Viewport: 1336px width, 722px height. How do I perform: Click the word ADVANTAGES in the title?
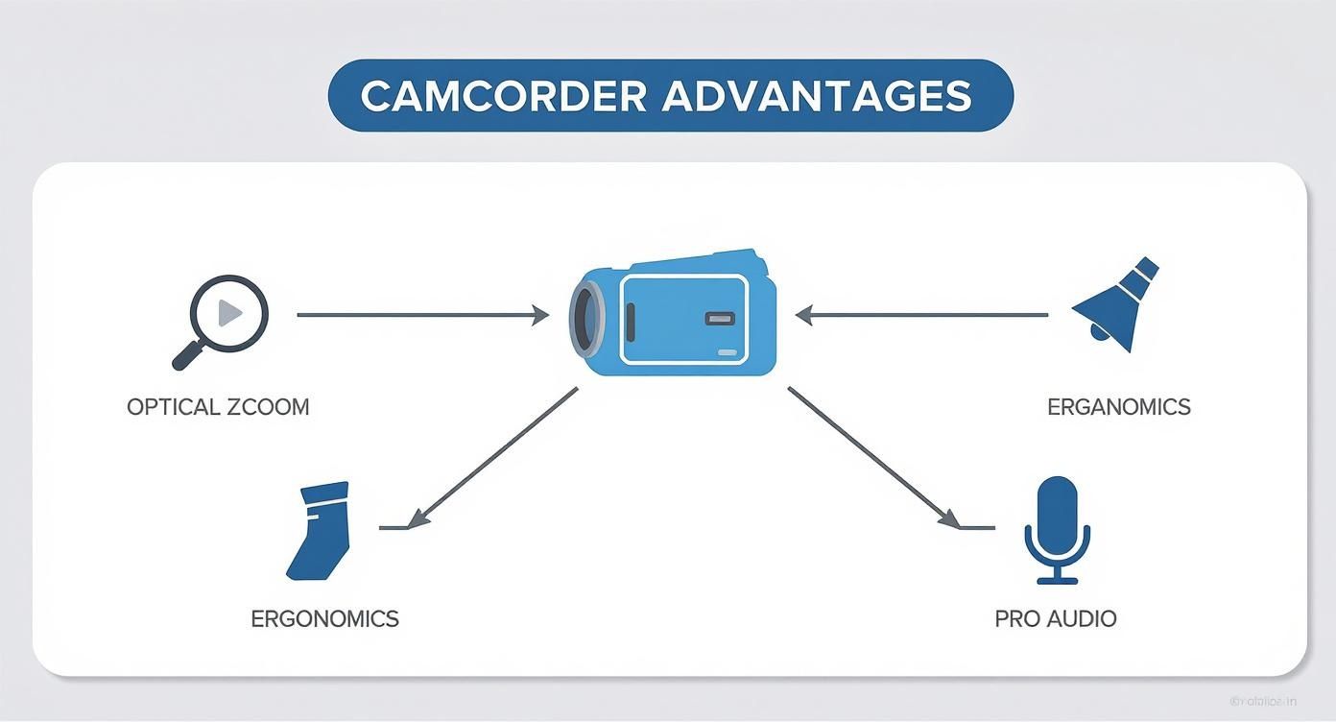(x=817, y=96)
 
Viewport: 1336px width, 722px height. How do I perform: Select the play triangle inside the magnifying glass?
(x=230, y=313)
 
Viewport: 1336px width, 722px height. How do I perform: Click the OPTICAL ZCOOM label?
(x=218, y=407)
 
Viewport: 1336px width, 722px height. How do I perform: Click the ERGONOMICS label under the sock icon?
(x=324, y=618)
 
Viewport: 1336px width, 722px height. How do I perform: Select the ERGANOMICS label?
(x=1118, y=407)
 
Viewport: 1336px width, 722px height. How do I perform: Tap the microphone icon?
(x=1057, y=528)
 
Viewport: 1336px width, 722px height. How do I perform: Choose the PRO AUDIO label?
(x=1056, y=618)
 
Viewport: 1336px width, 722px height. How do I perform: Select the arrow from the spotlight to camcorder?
(x=921, y=314)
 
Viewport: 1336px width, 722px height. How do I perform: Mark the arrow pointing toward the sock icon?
(x=494, y=457)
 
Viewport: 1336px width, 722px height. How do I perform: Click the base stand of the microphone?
(x=1057, y=579)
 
